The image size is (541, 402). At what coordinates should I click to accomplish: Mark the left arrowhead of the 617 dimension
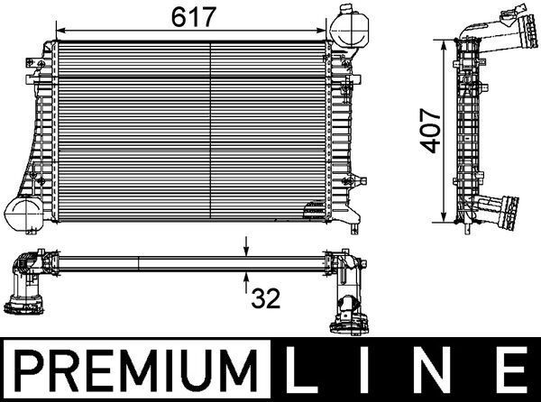[x=60, y=28]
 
